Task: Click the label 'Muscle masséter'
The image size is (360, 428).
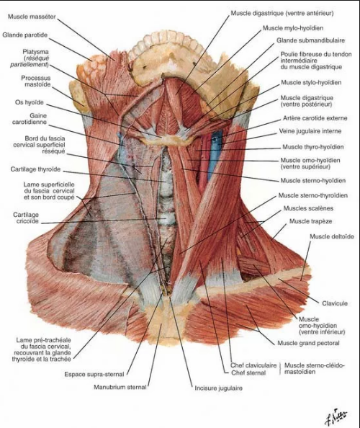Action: point(32,17)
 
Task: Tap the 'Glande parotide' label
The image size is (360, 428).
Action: point(24,35)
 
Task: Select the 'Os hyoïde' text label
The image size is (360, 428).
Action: point(30,102)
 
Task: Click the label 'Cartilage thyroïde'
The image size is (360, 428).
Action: point(35,169)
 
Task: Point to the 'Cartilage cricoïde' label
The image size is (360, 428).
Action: point(26,218)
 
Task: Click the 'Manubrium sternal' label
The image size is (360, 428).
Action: point(120,387)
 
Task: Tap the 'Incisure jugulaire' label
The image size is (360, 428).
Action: point(218,388)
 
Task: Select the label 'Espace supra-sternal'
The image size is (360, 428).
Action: point(94,374)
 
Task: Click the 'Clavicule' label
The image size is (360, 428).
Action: point(335,303)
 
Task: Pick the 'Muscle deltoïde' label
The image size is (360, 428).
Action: point(332,236)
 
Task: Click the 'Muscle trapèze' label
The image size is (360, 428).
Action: point(310,221)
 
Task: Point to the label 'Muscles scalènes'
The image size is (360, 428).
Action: point(308,208)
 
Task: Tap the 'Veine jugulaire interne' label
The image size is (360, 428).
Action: point(310,131)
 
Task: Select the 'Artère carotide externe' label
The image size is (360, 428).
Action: point(315,118)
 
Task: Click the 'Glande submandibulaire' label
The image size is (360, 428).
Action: point(310,40)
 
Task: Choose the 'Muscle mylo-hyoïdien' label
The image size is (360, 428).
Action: point(293,28)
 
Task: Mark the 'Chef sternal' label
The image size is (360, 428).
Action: point(248,373)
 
